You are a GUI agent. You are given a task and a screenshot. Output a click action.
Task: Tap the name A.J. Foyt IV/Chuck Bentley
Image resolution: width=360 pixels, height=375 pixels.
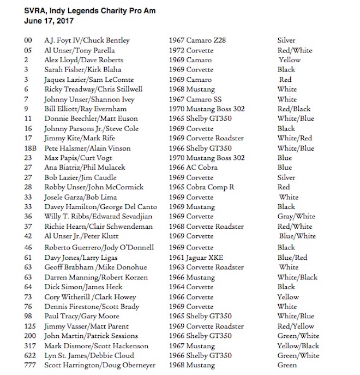point(87,40)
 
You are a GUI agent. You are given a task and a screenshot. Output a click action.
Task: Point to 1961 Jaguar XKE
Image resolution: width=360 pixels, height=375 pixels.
point(195,257)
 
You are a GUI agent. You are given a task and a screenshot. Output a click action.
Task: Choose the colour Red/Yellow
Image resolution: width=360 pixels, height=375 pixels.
point(296,326)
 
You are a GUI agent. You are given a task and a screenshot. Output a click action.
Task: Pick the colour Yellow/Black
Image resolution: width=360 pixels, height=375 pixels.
point(298,346)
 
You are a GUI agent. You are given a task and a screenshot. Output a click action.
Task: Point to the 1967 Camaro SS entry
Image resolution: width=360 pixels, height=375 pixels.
point(196,99)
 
